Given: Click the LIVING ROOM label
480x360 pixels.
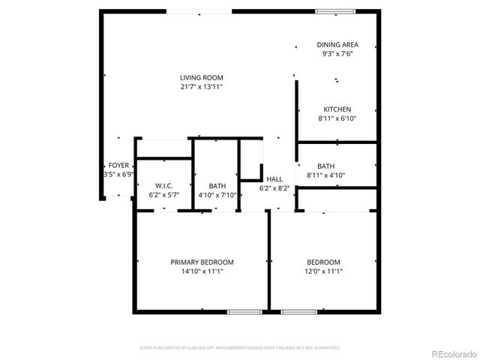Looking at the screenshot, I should click(201, 78).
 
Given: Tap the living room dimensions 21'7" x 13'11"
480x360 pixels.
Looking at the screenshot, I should click(201, 87).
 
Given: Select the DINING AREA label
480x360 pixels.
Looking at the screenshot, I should click(337, 45).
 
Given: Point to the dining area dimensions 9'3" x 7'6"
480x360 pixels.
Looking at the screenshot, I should click(337, 54).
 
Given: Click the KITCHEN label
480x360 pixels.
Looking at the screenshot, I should click(337, 109).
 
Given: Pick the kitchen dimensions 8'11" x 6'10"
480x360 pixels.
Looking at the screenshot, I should click(337, 118).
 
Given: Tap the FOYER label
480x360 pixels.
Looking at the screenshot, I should click(118, 165).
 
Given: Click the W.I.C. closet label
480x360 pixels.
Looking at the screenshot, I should click(165, 186).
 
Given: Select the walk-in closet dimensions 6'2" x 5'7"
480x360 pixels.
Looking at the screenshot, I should click(165, 195).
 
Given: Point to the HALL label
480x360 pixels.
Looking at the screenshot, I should click(274, 179).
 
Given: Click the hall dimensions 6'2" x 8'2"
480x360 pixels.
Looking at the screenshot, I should click(274, 188).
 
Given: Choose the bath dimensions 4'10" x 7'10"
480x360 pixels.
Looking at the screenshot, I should click(217, 195).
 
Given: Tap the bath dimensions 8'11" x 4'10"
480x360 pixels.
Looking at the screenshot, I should click(325, 175).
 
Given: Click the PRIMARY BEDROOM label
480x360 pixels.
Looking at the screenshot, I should click(202, 262).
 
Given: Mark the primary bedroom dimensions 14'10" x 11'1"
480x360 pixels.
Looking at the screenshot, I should click(202, 271).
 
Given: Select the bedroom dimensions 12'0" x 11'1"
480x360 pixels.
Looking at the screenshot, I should click(323, 271).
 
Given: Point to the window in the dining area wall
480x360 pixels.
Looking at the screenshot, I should click(334, 11).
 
